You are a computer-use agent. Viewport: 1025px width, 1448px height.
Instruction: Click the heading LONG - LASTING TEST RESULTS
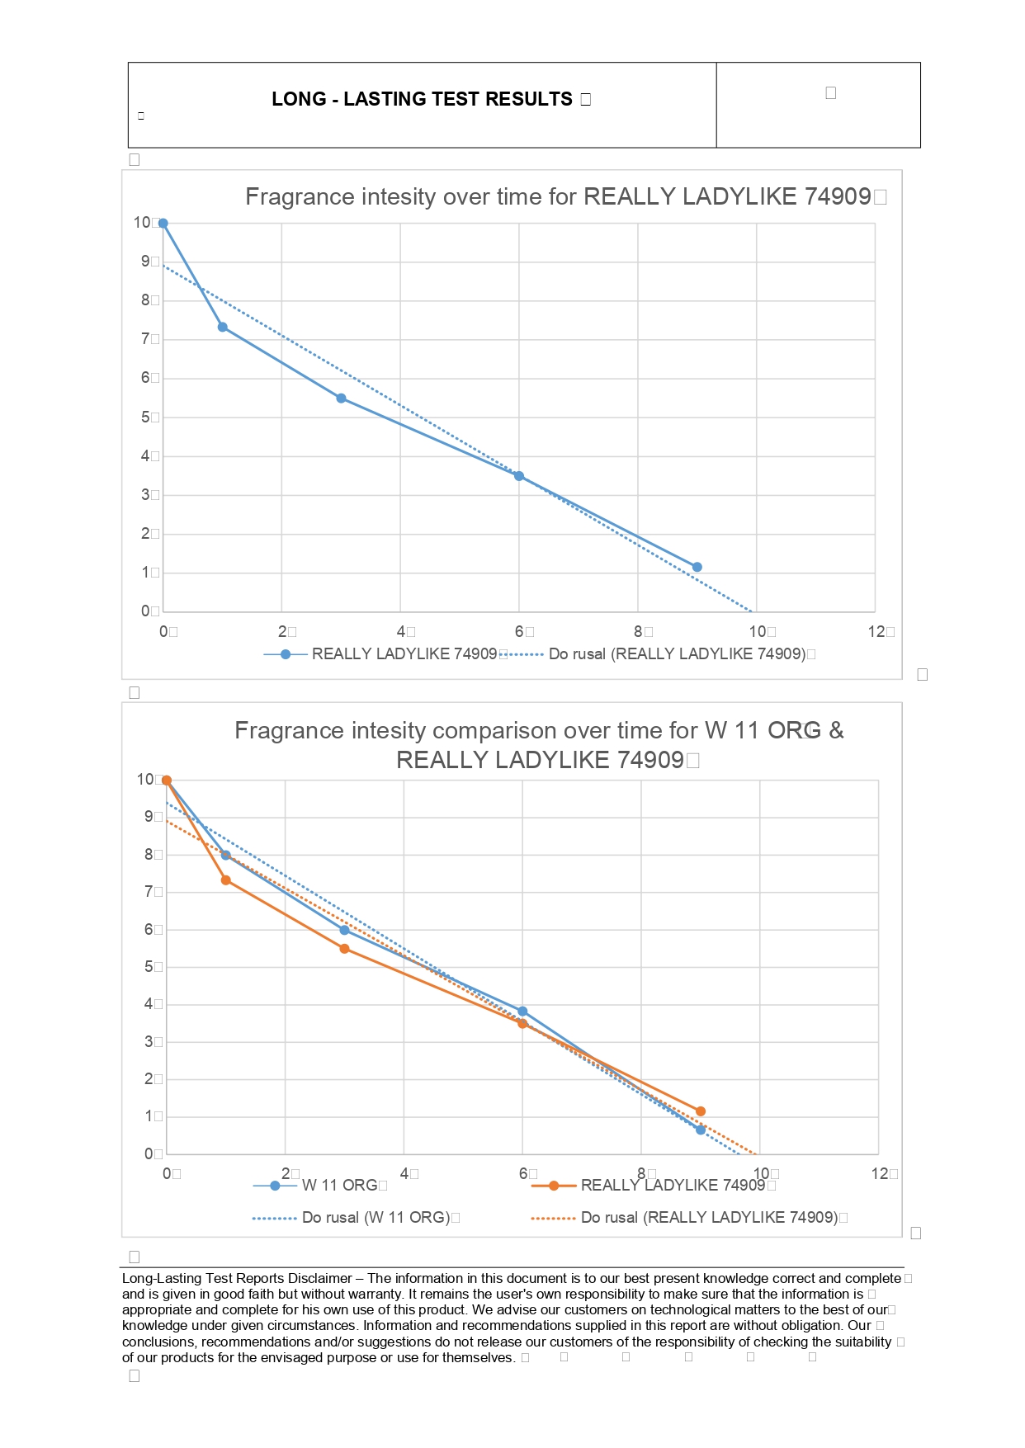pyautogui.click(x=422, y=99)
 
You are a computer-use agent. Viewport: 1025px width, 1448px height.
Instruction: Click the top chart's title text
pyautogui.click(x=558, y=196)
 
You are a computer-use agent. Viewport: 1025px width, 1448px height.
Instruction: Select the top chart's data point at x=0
pyautogui.click(x=163, y=223)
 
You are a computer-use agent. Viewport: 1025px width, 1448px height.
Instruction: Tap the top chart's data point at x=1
pyautogui.click(x=223, y=328)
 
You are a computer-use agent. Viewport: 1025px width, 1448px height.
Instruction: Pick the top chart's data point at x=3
pyautogui.click(x=342, y=399)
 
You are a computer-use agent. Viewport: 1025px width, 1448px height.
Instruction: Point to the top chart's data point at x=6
pyautogui.click(x=519, y=476)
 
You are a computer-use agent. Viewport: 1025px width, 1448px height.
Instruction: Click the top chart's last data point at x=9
pyautogui.click(x=697, y=567)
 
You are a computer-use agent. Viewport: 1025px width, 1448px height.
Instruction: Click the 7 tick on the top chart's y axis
pyautogui.click(x=145, y=339)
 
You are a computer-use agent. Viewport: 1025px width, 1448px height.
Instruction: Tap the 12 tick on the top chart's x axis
pyautogui.click(x=876, y=632)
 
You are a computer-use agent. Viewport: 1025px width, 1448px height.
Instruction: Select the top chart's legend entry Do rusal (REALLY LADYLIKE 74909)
pyautogui.click(x=677, y=654)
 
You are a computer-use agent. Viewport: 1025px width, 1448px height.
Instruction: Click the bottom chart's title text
pyautogui.click(x=539, y=744)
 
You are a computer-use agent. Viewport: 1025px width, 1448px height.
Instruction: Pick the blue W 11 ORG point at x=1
pyautogui.click(x=225, y=855)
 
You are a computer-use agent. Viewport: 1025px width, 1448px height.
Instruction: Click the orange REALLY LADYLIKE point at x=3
pyautogui.click(x=345, y=949)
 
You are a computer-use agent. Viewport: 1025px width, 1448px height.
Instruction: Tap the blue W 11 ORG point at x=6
pyautogui.click(x=522, y=1012)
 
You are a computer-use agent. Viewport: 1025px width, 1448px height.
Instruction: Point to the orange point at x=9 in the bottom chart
pyautogui.click(x=701, y=1111)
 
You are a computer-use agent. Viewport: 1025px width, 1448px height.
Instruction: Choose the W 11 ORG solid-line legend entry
pyautogui.click(x=339, y=1186)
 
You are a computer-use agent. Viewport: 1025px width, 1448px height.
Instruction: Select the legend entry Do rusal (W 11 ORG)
pyautogui.click(x=376, y=1218)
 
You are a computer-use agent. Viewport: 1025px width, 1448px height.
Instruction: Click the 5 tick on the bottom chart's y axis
pyautogui.click(x=149, y=966)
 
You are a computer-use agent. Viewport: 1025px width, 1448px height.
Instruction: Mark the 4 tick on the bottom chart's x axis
pyautogui.click(x=404, y=1173)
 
